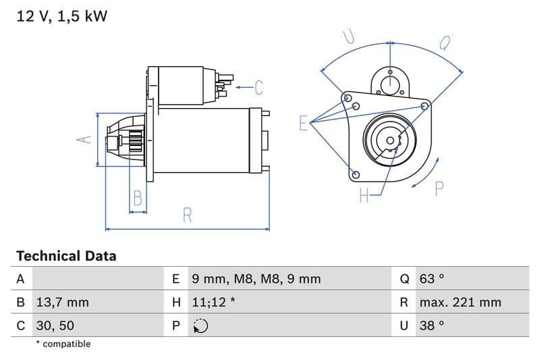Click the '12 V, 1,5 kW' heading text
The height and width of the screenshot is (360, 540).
61,16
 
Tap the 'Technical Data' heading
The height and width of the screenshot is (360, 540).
66,256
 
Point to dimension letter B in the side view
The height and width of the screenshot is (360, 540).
138,199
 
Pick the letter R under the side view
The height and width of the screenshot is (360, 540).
188,215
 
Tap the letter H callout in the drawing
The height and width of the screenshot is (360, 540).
364,196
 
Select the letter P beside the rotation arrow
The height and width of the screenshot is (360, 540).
439,189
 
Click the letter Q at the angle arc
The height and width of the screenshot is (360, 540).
445,43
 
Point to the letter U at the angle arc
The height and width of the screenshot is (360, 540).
349,37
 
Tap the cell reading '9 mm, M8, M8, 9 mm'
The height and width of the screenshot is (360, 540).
256,279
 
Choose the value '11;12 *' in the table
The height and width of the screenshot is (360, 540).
213,302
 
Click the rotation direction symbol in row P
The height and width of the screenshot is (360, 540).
200,326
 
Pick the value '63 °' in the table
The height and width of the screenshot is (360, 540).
432,279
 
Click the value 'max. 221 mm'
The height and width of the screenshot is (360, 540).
460,302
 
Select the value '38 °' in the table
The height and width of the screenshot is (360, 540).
432,326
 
